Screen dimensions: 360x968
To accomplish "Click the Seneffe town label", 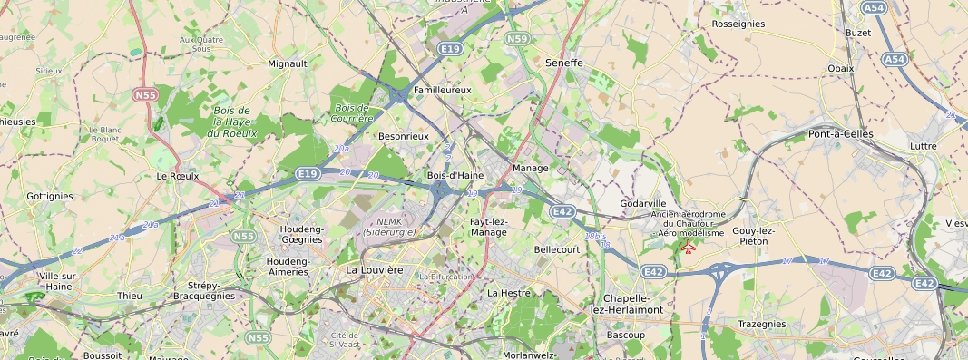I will coord(563,63).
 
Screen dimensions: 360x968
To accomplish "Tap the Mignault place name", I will coord(288,63).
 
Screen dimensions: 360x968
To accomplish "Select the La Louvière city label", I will coord(374,270).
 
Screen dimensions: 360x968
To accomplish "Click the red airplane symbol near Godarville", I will coord(689,247).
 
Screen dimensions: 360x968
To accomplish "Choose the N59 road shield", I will coord(517,38).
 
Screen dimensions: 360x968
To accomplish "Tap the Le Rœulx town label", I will coord(177,176).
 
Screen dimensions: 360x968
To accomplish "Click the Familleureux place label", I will coord(442,91).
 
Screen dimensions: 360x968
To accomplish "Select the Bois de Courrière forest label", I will coord(354,112).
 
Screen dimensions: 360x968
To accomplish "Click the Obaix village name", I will coord(841,68).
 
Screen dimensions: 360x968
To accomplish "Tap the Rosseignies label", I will coord(738,24).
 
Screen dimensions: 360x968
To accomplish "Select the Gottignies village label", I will coord(50,196).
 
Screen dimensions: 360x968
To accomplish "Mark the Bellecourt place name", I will coord(557,248).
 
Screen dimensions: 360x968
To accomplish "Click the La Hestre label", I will coord(508,293).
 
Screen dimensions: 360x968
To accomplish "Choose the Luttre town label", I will coord(923,145).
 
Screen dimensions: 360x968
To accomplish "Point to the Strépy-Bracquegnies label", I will coord(203,290).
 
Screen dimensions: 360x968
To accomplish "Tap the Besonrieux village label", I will coord(403,136).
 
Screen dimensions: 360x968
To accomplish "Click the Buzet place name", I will coord(857,33).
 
